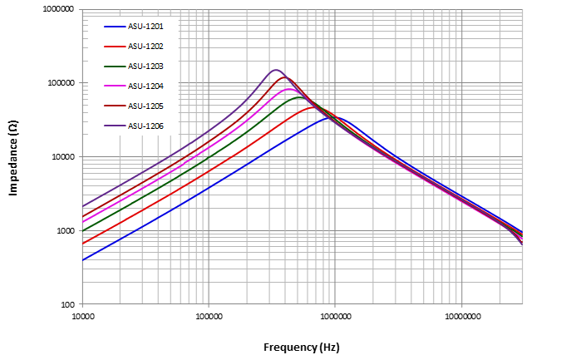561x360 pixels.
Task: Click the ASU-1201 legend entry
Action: pos(145,27)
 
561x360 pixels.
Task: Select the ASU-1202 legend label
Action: pos(145,47)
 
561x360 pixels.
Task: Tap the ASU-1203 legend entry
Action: pos(145,67)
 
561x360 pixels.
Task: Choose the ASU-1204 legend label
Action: pos(145,86)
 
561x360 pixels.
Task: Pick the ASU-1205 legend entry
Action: pos(145,106)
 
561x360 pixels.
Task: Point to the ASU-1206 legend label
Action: pos(145,126)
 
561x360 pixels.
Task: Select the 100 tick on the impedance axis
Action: pos(68,304)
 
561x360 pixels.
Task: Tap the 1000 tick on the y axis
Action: pos(66,230)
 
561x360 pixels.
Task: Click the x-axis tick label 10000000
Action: pos(460,317)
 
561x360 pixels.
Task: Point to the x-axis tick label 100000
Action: pos(209,317)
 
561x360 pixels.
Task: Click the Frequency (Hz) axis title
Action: pos(302,347)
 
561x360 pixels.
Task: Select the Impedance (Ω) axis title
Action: pos(13,157)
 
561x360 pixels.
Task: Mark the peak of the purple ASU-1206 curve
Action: pos(277,70)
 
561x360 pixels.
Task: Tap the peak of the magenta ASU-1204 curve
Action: pos(289,89)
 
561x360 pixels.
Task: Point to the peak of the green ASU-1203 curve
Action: pos(301,97)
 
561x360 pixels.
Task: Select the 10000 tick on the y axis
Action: pos(63,157)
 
